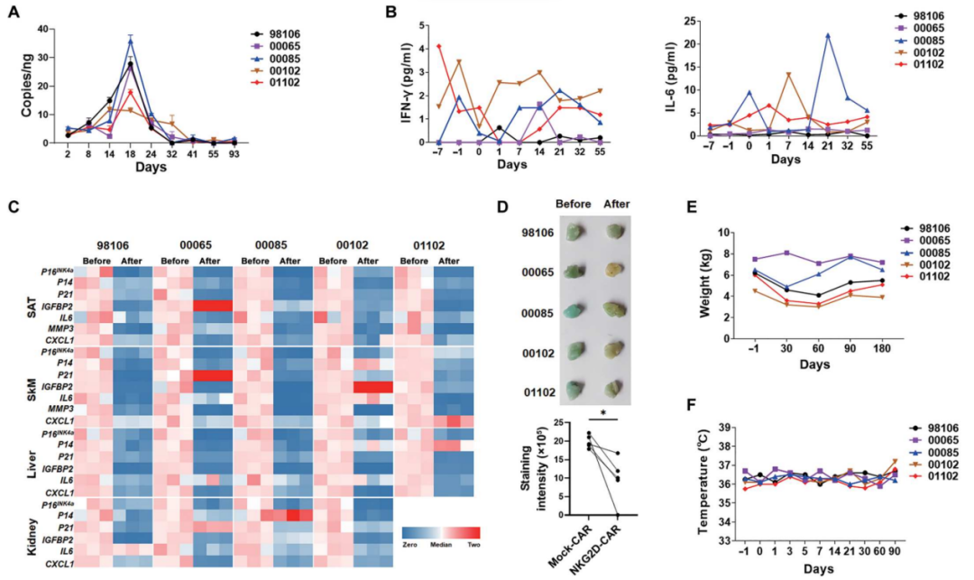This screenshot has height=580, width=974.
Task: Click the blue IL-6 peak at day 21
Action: pyautogui.click(x=827, y=35)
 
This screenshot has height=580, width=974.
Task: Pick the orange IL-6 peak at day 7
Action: pyautogui.click(x=787, y=75)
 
